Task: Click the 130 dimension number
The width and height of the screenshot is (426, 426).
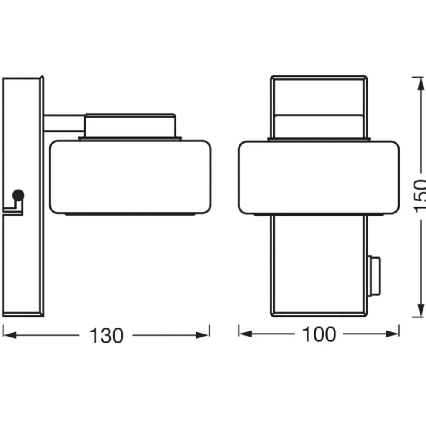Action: coord(106,336)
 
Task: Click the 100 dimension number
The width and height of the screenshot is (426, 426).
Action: coord(319,334)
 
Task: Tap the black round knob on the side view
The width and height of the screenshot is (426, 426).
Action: coord(18,195)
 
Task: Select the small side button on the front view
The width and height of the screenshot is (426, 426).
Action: coord(374,275)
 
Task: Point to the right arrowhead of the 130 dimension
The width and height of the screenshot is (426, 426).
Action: coord(203,335)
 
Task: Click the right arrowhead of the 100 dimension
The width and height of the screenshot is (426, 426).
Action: coord(392,334)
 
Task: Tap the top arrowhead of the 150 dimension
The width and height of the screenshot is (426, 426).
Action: coord(421,84)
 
